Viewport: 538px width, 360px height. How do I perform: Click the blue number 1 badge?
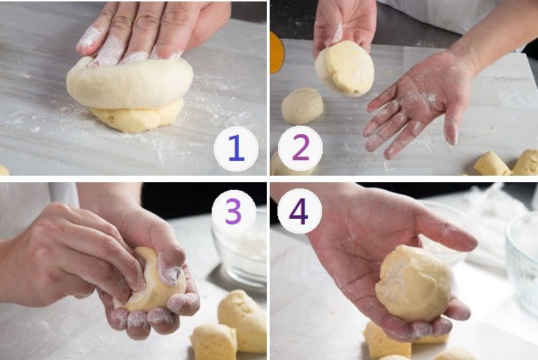tap(236, 149)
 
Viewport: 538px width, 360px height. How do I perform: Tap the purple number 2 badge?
tap(300, 148)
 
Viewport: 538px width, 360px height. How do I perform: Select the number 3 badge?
tap(234, 212)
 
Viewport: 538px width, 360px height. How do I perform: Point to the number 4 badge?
tap(299, 211)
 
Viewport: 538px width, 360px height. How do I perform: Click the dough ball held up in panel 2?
tap(345, 68)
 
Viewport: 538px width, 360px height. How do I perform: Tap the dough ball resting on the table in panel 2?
tap(302, 106)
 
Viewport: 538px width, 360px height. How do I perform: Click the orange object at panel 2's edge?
tap(277, 52)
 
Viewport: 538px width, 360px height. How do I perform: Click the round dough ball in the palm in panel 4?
tap(414, 282)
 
